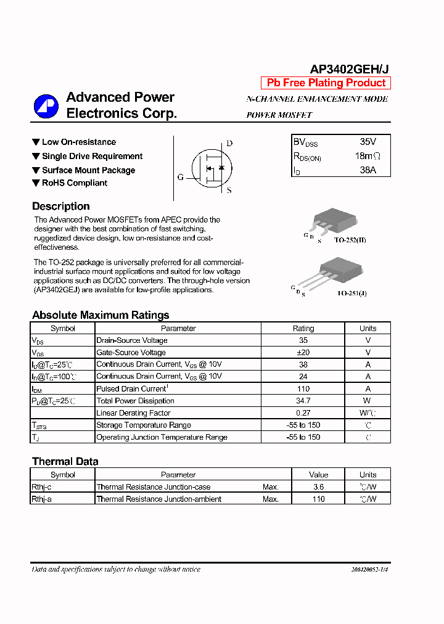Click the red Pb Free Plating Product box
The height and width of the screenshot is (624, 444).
pos(326,83)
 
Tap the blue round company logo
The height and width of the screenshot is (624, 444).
pos(46,106)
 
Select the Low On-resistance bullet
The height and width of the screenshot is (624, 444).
pos(78,142)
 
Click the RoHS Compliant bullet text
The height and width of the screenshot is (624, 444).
pos(75,183)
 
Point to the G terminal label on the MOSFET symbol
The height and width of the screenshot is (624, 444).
pos(181,178)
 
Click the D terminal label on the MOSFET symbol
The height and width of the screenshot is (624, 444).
pos(229,144)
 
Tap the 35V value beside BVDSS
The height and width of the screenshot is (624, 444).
pos(368,142)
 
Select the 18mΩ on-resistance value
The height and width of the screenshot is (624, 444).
pos(368,157)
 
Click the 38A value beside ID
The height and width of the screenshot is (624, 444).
pos(368,170)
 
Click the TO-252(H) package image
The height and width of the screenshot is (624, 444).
pos(334,220)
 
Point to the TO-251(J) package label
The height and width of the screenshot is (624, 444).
pos(351,294)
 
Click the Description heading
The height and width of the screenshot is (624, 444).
pos(61,207)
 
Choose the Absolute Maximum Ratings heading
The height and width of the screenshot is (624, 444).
pos(101,315)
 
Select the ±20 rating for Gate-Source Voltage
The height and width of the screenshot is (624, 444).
pos(303,353)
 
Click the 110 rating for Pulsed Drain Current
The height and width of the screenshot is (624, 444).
pos(303,389)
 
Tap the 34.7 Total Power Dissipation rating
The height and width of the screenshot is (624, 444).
pos(303,401)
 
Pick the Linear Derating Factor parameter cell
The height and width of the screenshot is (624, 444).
pos(133,413)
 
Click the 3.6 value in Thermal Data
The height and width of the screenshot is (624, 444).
pos(318,487)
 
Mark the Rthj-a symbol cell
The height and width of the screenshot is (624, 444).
pos(42,499)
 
